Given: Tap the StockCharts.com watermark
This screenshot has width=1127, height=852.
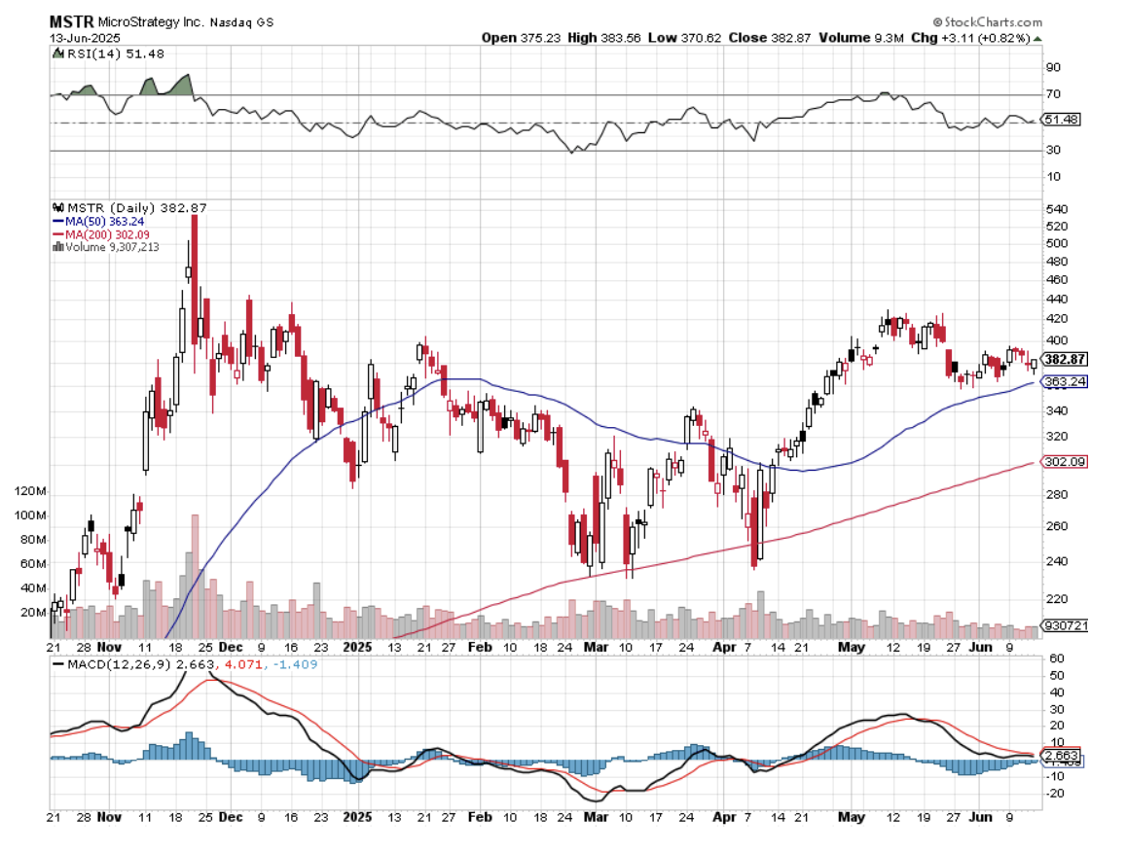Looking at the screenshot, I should coord(987,21).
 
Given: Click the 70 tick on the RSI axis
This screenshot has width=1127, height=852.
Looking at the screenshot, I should coord(1052,95).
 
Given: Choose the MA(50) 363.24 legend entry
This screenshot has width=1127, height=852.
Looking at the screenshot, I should coord(102,222).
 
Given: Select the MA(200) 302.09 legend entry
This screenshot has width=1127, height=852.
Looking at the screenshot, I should coord(106,234).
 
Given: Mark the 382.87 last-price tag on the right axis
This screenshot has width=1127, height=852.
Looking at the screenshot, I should coord(1064,359).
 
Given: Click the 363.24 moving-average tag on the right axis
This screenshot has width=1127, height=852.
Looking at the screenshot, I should coord(1064,382).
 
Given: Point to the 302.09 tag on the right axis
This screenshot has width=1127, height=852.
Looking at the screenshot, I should coord(1064,462).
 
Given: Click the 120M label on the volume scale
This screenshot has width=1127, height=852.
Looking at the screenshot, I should coord(29,491).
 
